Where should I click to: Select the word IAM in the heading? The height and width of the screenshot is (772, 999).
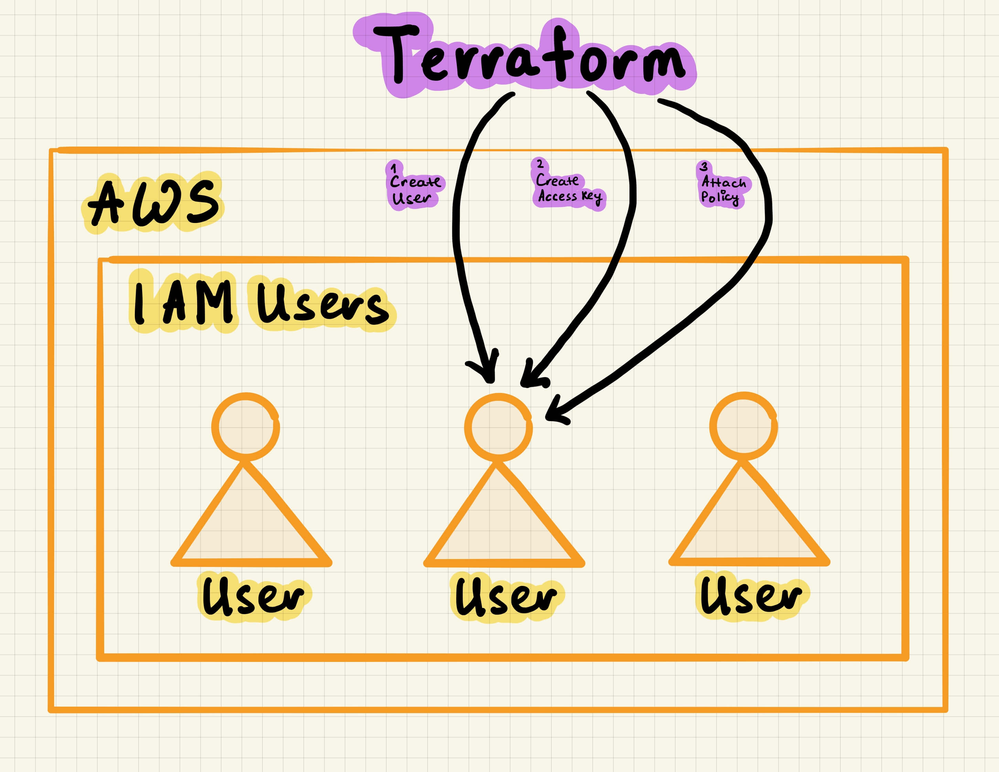click(183, 302)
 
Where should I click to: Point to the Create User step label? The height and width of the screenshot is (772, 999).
click(414, 190)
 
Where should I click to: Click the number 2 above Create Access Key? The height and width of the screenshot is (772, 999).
click(540, 164)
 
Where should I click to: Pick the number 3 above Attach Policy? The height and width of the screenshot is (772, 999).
click(704, 167)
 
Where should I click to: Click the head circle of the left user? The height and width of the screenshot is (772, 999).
click(246, 426)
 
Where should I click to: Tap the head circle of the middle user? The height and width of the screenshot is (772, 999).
click(498, 427)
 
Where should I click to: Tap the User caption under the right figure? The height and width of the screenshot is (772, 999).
click(752, 596)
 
